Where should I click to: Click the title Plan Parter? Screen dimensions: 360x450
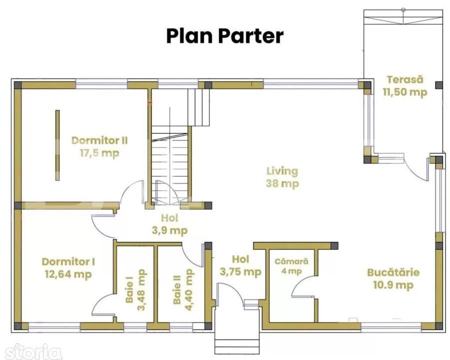(225, 36)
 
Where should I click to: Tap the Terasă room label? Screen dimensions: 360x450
(405, 79)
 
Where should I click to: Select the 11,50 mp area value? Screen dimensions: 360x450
(405, 92)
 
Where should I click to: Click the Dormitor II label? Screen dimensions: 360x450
(102, 140)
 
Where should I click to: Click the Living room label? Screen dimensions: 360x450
(282, 171)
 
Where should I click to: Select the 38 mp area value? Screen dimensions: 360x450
(282, 183)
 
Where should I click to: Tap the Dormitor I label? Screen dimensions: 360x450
(68, 261)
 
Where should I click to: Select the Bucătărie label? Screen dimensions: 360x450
(393, 273)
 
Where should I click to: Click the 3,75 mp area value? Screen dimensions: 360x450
(240, 272)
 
